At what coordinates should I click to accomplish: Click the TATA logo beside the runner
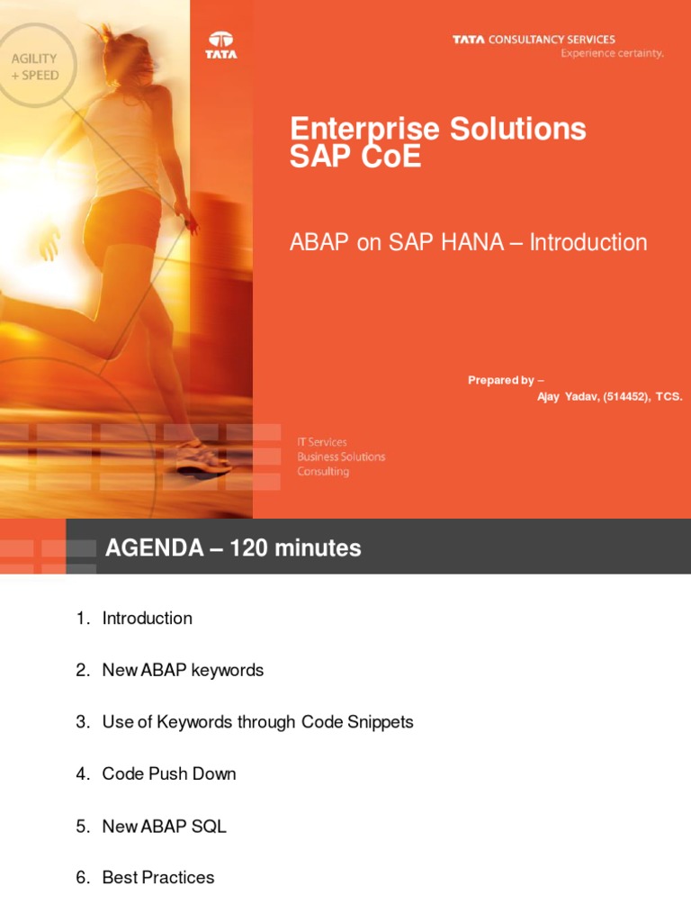click(x=221, y=45)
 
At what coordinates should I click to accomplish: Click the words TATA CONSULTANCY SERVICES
click(x=534, y=40)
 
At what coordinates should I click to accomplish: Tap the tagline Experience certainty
click(x=612, y=53)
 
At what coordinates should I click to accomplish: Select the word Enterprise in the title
click(x=365, y=130)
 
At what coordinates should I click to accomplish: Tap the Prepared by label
click(x=506, y=381)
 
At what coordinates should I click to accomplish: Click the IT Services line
click(x=322, y=442)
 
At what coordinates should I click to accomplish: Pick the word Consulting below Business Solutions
click(x=323, y=472)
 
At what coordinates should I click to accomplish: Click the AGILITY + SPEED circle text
click(x=35, y=67)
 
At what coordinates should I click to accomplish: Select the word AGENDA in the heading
click(x=155, y=548)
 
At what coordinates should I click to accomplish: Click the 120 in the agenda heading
click(x=249, y=548)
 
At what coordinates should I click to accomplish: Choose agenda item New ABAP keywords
click(x=183, y=670)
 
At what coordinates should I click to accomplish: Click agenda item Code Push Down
click(x=169, y=773)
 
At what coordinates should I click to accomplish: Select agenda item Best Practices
click(x=158, y=877)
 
